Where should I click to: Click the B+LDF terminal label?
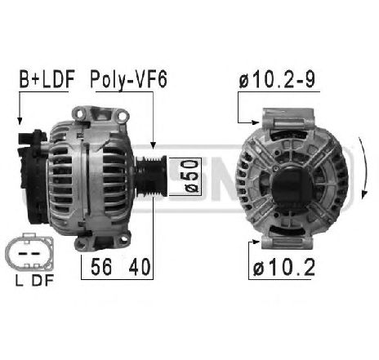[47, 79]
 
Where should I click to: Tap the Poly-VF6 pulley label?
[129, 79]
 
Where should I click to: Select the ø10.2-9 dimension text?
[277, 79]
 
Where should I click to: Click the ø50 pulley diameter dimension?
[191, 176]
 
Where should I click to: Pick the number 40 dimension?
[140, 267]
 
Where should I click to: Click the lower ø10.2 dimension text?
[284, 267]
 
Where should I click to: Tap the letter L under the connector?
[19, 280]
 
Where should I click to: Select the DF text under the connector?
[42, 280]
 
